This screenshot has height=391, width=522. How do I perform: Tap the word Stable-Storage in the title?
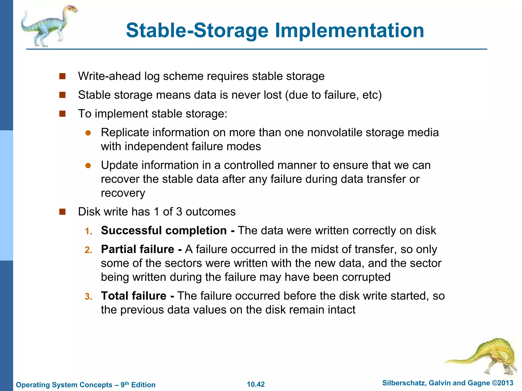tap(197, 31)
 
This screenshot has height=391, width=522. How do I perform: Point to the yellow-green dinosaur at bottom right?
tap(487, 355)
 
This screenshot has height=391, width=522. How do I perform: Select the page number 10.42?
tap(256, 384)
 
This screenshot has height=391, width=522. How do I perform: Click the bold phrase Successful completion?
tap(164, 231)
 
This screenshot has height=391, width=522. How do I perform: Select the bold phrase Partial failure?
tap(138, 249)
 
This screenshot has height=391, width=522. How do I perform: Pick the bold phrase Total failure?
tap(134, 296)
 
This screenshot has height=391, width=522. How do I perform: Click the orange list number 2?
tap(88, 250)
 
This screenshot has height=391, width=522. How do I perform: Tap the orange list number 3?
tap(88, 297)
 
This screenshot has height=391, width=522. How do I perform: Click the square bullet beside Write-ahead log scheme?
tap(62, 76)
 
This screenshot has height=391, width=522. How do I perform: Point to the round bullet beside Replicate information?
tap(88, 133)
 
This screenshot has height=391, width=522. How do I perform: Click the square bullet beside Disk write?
tap(62, 212)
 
